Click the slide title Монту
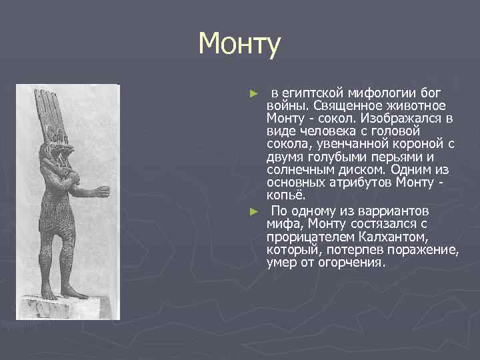pyautogui.click(x=240, y=44)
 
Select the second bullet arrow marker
pyautogui.click(x=253, y=211)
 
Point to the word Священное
pyautogui.click(x=344, y=106)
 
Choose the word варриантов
pyautogui.click(x=393, y=211)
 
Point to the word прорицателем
pyautogui.click(x=304, y=237)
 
